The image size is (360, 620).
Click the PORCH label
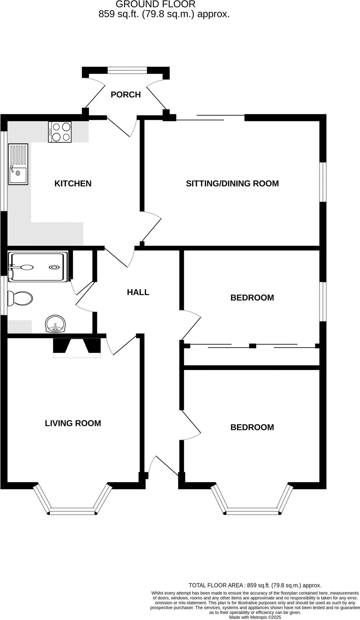126,95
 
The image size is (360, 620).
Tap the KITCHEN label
73,183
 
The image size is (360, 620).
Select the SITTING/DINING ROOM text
232,183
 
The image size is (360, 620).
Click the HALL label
138,292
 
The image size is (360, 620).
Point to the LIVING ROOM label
73,423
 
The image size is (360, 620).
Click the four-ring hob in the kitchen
60,132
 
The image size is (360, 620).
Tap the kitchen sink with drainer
18,164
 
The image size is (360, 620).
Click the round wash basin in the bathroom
55,325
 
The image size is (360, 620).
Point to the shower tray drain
54,267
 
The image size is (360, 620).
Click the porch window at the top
127,70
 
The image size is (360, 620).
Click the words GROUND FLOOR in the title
155,4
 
